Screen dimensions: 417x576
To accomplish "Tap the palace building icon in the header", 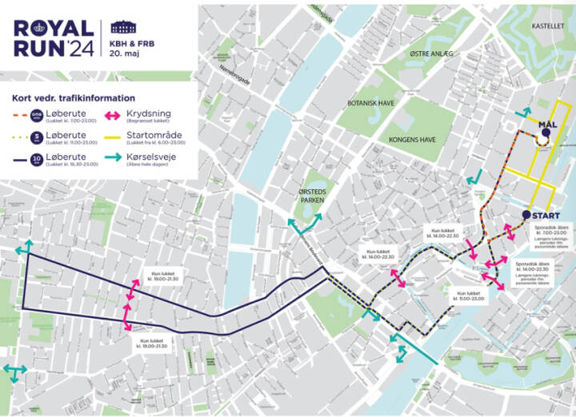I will (123, 27).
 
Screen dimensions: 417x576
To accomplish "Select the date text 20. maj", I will (123, 53).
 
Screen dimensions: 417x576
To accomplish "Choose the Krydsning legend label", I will (148, 113).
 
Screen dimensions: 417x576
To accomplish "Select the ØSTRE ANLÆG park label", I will (431, 54).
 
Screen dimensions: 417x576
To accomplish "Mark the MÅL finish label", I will (547, 125).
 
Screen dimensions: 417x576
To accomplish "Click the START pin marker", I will (526, 215).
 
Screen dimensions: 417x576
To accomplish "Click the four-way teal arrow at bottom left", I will (13, 372).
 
